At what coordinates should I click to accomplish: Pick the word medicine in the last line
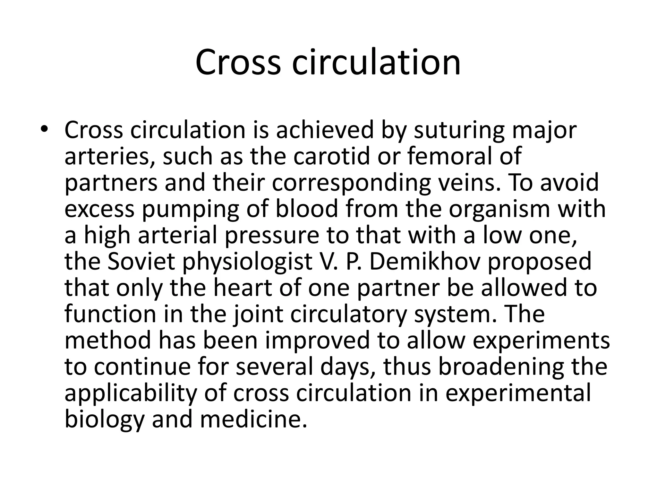click(253, 419)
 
